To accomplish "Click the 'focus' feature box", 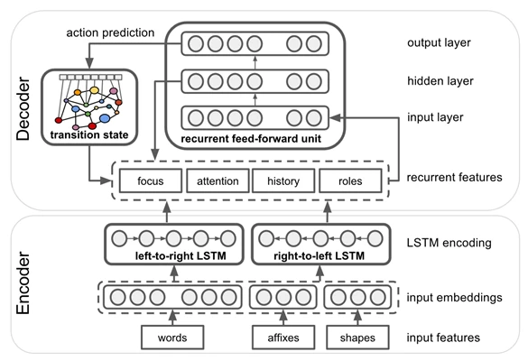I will (x=149, y=181).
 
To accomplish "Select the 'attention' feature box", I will (x=218, y=181).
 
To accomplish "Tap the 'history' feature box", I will (x=284, y=181).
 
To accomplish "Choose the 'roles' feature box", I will (x=351, y=181).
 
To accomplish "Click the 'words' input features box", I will (x=172, y=338).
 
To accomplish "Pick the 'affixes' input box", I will (x=282, y=338).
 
